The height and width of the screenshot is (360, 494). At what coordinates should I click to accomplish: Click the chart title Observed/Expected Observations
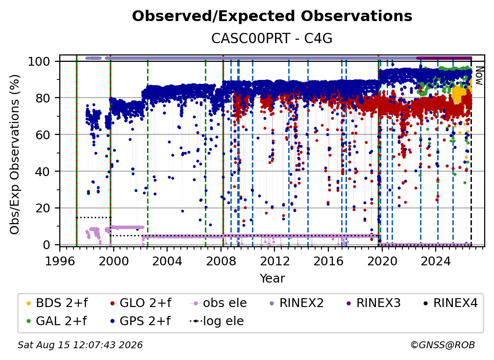coord(272,16)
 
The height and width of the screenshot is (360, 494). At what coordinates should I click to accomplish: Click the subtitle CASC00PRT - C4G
coord(272,39)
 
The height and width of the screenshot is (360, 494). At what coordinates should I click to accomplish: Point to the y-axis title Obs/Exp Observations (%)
coord(15,154)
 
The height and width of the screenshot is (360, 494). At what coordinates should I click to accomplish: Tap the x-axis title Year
coord(272,279)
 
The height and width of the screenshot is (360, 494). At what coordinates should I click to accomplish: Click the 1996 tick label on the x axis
coord(60,261)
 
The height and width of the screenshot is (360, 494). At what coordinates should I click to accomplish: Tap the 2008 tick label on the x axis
coord(221,261)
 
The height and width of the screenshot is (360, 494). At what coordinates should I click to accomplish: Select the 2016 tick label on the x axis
coord(328,261)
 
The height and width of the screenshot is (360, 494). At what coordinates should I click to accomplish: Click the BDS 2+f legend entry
coord(57,303)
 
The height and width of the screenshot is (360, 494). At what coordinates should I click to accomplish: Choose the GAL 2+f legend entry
coord(56,321)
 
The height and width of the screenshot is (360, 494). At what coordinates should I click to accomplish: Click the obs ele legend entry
coord(219,303)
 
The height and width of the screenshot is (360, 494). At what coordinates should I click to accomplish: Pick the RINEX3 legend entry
coord(373,303)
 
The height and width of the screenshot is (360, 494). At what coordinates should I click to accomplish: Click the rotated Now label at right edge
coord(479,76)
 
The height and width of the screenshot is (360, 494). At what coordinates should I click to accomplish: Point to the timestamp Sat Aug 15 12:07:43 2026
coord(80,345)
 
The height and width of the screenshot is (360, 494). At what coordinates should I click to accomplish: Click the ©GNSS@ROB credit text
coord(443,345)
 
